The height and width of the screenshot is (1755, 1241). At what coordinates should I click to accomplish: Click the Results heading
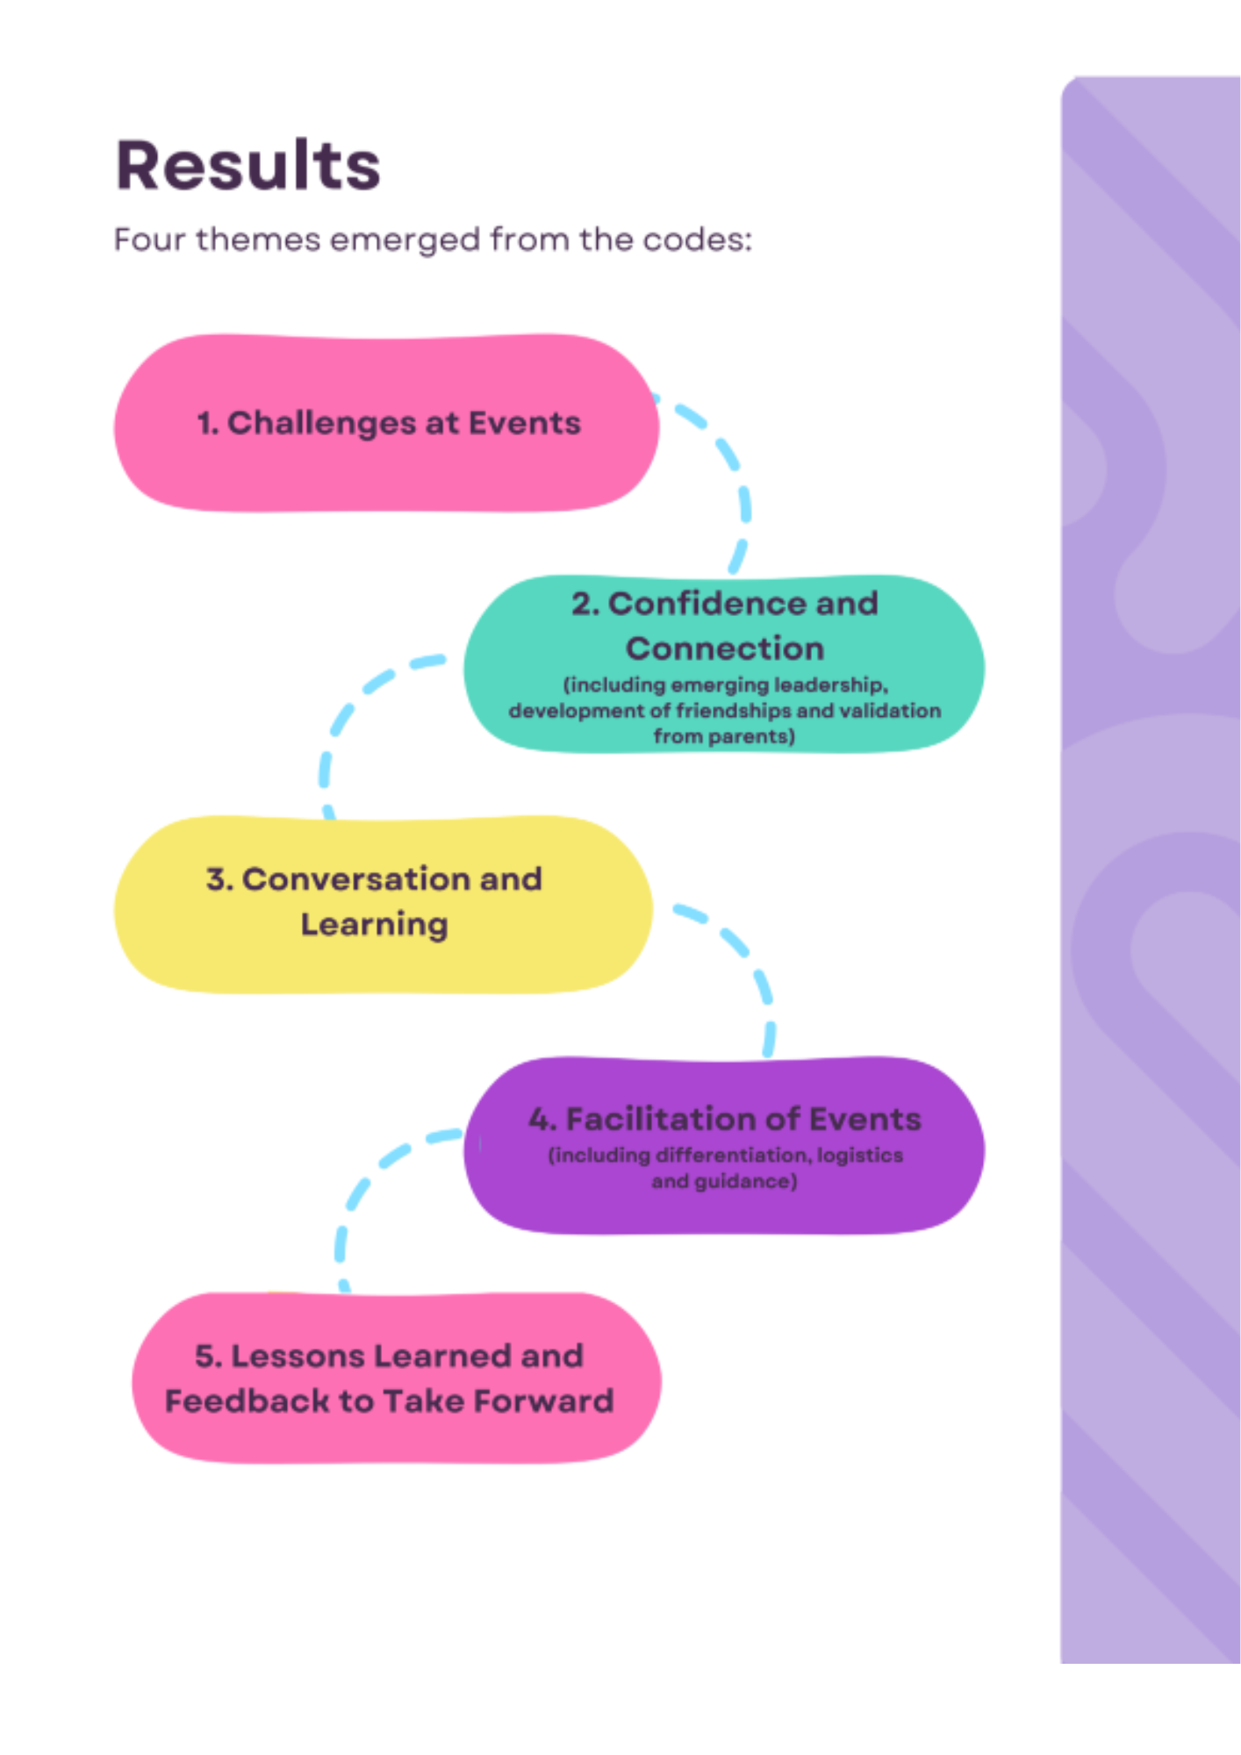248,165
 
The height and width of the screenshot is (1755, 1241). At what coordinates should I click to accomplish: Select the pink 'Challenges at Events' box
386,422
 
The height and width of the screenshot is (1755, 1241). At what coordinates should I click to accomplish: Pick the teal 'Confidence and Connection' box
724,663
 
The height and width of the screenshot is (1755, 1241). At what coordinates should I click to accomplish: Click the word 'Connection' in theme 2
725,648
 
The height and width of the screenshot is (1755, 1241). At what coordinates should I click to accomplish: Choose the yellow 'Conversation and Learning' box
384,904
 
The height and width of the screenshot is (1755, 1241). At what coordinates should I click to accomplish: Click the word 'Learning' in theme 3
375,925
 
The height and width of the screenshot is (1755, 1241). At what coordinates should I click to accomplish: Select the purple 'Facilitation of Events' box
724,1145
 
